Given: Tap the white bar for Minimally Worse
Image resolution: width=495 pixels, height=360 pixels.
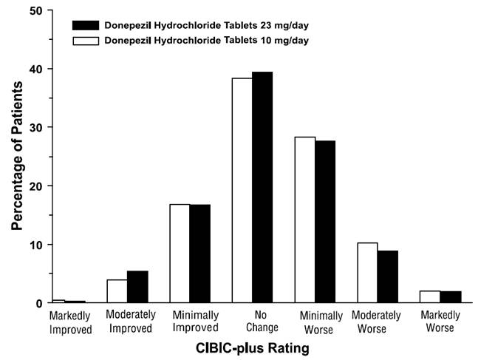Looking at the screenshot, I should coord(304,220).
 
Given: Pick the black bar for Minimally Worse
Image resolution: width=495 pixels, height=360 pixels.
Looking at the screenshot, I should coord(325,221).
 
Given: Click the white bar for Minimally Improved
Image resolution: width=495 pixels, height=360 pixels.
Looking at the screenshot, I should coord(180,254).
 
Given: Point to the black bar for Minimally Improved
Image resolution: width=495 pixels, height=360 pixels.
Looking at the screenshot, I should coord(200,254).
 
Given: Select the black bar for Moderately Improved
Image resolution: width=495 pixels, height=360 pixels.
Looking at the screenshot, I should coord(137,287).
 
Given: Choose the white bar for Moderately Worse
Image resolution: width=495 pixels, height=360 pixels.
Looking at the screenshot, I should coord(367,273).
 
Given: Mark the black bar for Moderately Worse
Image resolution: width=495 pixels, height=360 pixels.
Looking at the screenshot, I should coord(388,276).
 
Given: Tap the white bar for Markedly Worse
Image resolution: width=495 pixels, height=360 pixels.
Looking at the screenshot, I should coord(430,296).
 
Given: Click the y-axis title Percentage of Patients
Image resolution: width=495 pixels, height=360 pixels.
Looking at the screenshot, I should coord(17,157).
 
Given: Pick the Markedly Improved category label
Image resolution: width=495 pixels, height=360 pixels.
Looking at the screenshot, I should coord(71,322).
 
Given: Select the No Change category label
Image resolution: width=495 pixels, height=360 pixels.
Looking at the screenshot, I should coord(252,322).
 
